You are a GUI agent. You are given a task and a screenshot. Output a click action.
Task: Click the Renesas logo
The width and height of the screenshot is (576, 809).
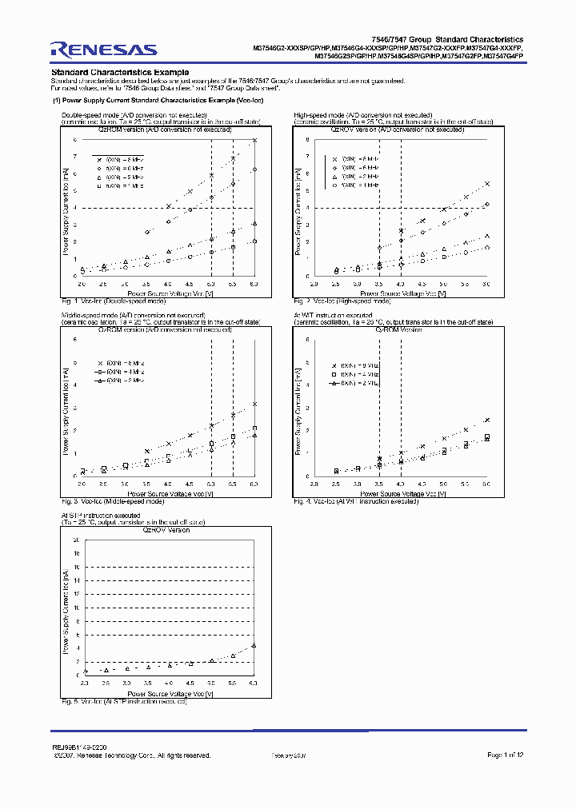coord(103,49)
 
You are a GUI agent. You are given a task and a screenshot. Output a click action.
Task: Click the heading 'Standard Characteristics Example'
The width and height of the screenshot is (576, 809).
coord(120,73)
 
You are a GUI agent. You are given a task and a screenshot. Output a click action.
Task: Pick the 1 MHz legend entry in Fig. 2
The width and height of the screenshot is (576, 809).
coord(349,185)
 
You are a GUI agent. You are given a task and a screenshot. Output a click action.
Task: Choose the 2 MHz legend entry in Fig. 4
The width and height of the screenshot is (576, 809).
coord(353,384)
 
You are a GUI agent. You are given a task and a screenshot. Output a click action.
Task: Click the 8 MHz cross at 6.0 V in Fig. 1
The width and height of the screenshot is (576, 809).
coord(254,140)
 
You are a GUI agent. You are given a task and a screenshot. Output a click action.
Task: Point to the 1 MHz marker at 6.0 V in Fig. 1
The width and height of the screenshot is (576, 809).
coord(254,241)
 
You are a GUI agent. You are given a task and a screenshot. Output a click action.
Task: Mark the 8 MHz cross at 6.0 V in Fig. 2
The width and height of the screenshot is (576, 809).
coord(487,183)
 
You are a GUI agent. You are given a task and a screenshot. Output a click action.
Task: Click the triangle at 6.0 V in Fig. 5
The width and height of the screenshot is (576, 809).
coord(254,645)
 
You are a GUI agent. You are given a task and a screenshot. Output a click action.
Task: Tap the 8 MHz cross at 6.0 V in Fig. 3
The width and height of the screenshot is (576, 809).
coord(254,404)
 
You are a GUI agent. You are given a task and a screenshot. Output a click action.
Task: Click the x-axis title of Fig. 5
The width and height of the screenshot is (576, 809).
coord(168,694)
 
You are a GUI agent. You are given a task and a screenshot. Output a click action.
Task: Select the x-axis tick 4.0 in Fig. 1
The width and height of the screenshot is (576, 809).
coord(168,284)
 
